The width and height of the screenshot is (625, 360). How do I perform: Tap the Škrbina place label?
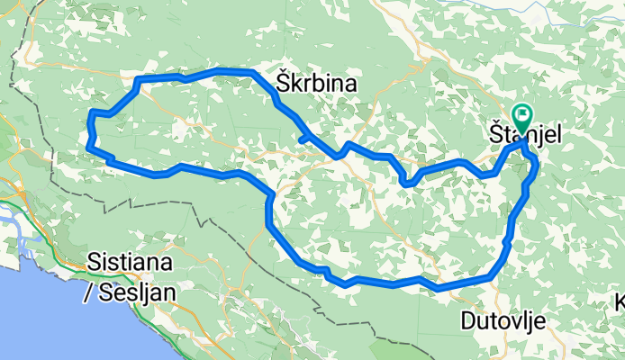315,85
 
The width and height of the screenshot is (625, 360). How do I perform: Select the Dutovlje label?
502,319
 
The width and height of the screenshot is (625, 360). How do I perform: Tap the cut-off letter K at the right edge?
620,301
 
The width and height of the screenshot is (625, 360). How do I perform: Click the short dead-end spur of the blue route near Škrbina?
303,139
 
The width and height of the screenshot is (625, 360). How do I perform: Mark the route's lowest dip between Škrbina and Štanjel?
406,184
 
